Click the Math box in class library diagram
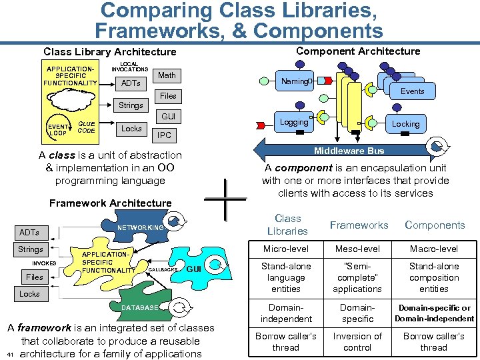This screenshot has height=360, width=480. coord(167,75)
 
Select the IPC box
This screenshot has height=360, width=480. coord(164,135)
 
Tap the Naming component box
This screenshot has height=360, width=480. coord(295,81)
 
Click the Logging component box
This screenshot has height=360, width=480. coord(294,122)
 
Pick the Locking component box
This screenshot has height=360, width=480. coord(405,124)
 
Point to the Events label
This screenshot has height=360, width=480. coord(412,91)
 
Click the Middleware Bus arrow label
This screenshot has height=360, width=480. coord(349,151)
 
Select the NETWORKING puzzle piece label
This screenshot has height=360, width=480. coord(140,227)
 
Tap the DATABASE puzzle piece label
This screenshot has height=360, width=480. coord(140,307)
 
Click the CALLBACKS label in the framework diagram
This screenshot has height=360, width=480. coord(162,269)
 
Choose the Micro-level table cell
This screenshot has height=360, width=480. coord(287,249)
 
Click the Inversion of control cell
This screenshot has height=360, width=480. coord(357,341)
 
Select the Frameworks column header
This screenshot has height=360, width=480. coord(359,225)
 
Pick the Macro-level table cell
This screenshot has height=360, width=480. coord(434,249)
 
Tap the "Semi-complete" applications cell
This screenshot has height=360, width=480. coord(357,277)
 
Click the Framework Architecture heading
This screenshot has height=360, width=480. coord(111,203)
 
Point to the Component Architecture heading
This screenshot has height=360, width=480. coord(358,51)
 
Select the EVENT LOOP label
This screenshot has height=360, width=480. coord(57,129)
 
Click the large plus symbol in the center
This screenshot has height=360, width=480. coord(227,199)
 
